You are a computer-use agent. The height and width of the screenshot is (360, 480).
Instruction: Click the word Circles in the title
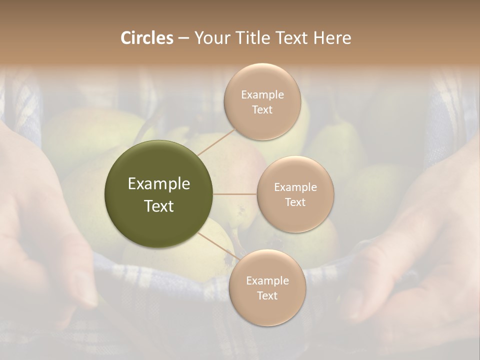pos(147,38)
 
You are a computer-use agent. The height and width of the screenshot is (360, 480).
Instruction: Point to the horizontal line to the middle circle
pos(235,194)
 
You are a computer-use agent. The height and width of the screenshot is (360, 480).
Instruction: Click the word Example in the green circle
pos(159,184)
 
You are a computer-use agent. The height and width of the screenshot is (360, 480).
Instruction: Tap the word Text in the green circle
pos(159,206)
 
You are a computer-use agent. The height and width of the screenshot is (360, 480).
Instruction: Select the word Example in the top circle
pos(262,95)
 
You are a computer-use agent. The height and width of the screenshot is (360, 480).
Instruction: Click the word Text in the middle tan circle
pos(295,202)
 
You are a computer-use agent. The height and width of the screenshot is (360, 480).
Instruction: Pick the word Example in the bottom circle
pos(267,280)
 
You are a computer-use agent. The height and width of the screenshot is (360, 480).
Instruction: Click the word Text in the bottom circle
pos(267,295)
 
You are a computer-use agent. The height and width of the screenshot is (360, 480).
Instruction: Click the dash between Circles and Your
pos(183,38)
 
